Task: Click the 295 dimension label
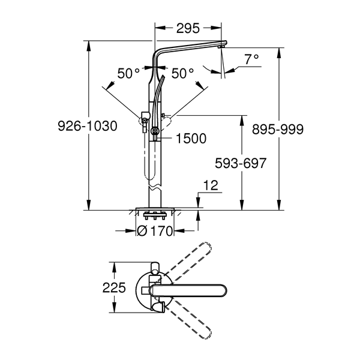189,28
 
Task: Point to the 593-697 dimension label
238,163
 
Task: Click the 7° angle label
251,59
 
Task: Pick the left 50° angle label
128,73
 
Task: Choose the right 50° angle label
182,73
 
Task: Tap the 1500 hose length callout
191,139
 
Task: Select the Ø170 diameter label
155,230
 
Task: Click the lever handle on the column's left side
145,116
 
